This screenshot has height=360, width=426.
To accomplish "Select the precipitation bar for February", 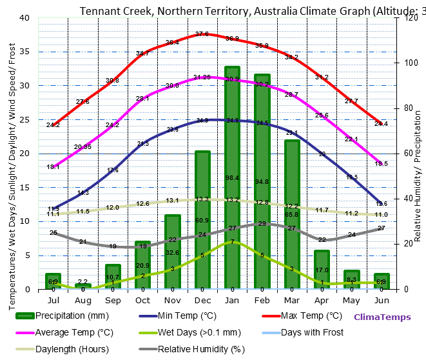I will (x=262, y=181).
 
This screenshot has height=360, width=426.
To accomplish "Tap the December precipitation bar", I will (x=202, y=220).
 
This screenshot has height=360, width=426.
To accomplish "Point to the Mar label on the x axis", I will (x=291, y=300).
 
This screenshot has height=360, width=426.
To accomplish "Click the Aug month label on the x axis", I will (x=83, y=300).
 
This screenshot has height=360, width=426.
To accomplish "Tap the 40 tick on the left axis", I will (x=24, y=17).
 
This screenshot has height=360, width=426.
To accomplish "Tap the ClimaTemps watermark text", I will (x=382, y=317).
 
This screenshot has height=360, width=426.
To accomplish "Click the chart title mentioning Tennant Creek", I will (x=251, y=11).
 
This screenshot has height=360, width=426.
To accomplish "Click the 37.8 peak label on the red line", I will (x=202, y=34).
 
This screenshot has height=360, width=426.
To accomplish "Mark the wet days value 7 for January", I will (x=232, y=242).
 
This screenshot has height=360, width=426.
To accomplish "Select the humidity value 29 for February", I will (x=262, y=224).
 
